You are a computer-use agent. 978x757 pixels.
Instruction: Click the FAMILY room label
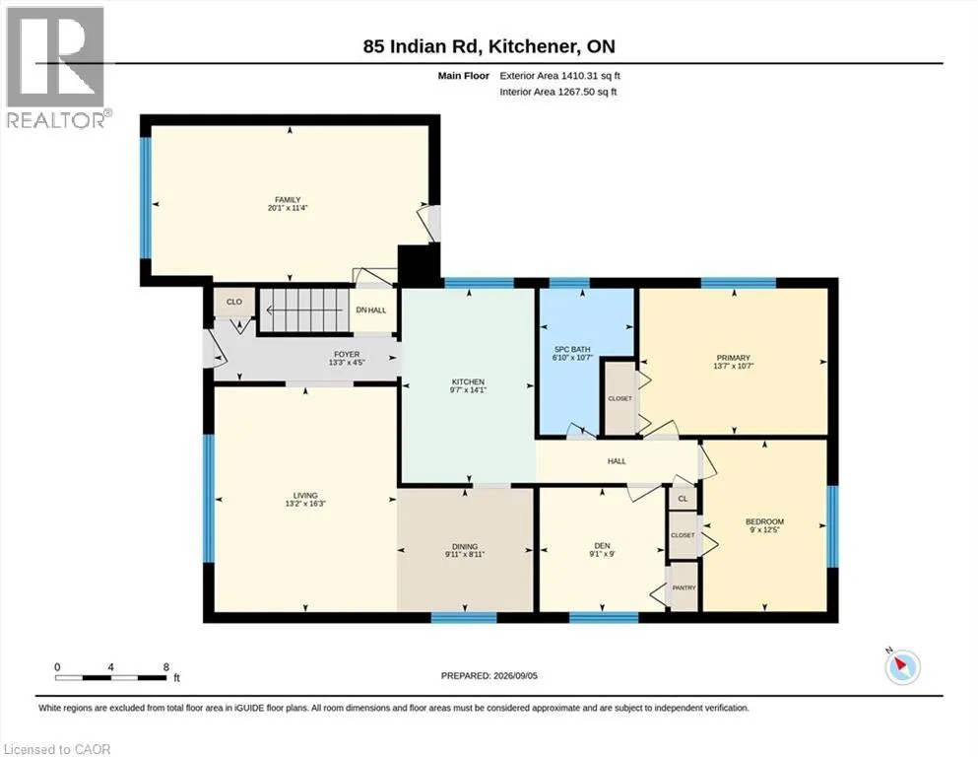coord(288,200)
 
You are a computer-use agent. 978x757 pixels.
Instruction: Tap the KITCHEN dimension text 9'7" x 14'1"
coord(468,390)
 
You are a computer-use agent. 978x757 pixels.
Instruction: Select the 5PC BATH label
coord(572,350)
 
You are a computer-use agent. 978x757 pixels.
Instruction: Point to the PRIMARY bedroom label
coord(734,358)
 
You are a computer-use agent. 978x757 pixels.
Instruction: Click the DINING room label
coord(465,546)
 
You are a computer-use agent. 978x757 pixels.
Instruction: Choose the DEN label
coord(602,545)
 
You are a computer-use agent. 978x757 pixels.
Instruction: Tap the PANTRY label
coord(684,587)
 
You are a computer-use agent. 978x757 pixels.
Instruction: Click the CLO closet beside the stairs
coord(233,302)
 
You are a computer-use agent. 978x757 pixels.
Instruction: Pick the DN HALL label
coord(371,310)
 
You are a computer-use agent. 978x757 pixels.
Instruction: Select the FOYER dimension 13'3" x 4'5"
coord(347,362)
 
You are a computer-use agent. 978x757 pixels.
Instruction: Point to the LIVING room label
coord(305,495)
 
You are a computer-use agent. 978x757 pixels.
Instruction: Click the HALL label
coord(617,461)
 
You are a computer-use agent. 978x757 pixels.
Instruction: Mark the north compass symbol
coord(902,666)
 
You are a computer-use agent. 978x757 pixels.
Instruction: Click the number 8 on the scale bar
coord(165,666)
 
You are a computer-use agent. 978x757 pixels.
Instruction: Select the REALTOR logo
coord(56,67)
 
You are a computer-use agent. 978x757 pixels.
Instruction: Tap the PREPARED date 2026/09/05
coord(515,675)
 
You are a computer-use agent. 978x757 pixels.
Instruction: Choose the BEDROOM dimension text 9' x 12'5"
coord(764,529)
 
